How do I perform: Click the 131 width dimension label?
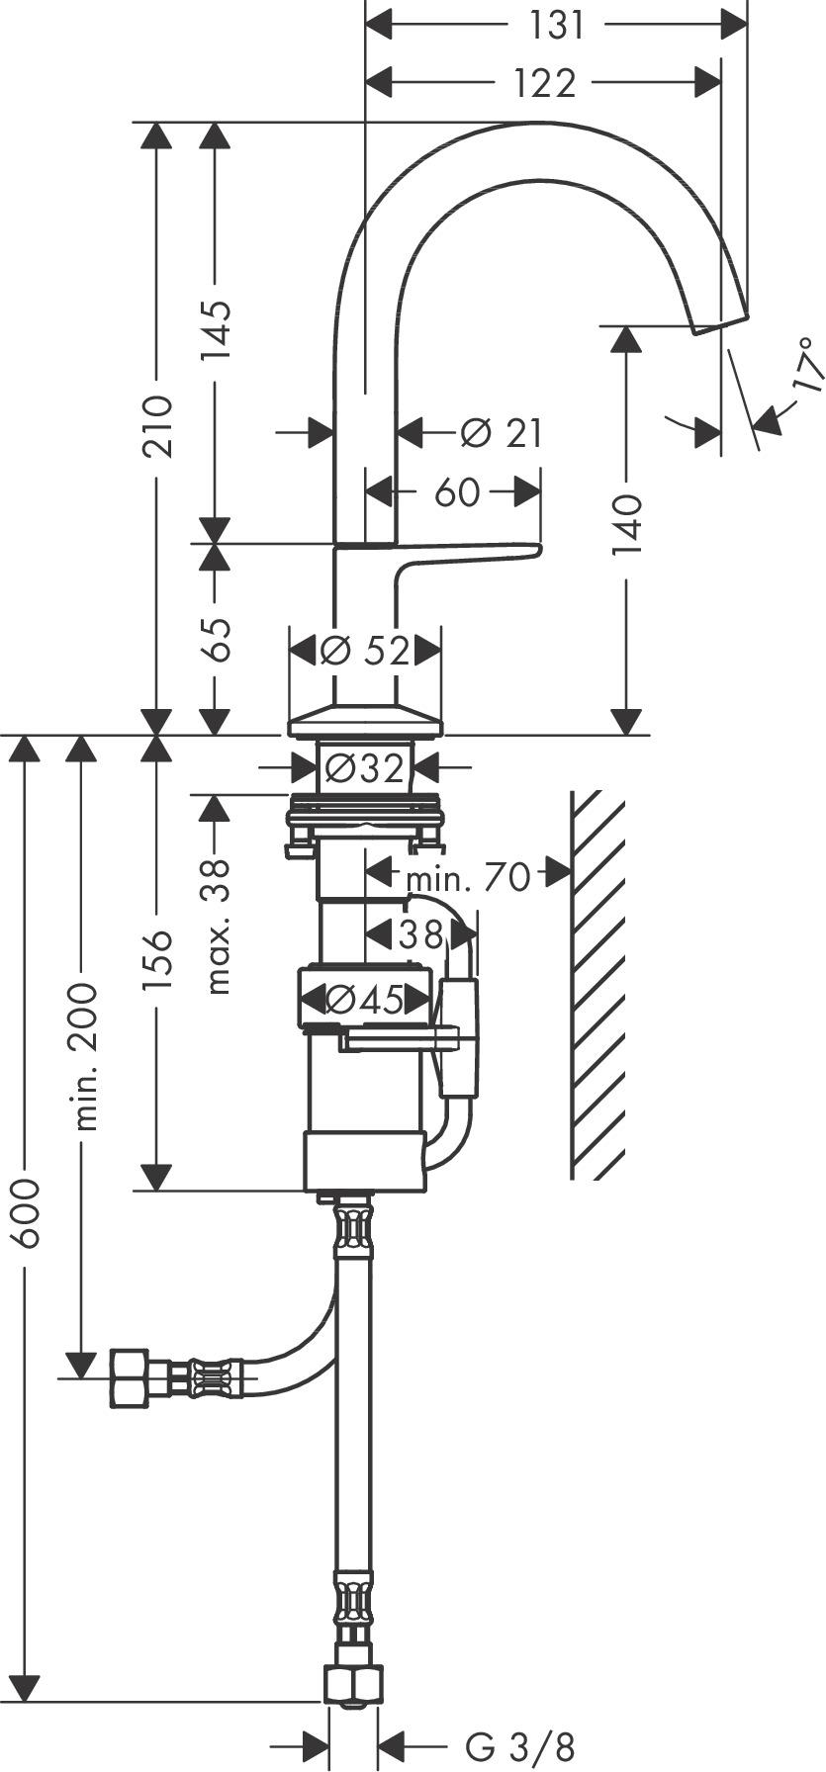pos(557,25)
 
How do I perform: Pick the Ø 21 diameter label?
pos(502,432)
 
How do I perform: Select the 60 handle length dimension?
pos(456,491)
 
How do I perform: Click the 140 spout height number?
pos(626,525)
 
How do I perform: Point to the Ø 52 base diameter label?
pos(365,651)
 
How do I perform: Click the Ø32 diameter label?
pos(364,767)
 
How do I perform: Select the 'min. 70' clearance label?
pos(468,876)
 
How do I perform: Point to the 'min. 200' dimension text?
pos(84,1056)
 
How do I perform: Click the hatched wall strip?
pos(598,984)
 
